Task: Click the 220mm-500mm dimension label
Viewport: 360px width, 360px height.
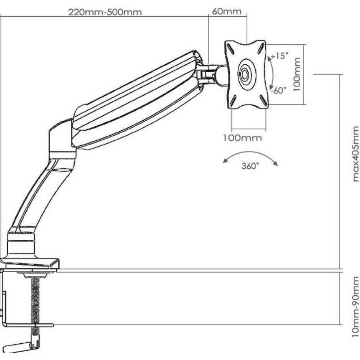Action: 105,12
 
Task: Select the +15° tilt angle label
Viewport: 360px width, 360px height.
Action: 279,56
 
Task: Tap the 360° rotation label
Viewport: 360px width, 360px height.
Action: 250,166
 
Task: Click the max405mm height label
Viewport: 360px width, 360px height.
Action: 355,154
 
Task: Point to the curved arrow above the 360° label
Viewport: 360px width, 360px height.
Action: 250,157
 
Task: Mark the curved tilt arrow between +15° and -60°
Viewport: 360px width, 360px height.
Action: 270,74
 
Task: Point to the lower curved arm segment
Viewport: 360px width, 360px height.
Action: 38,192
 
